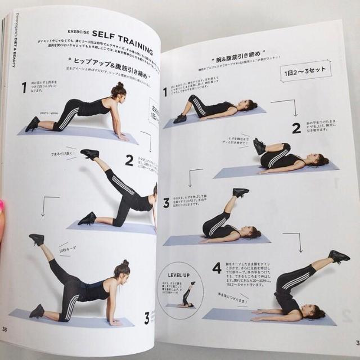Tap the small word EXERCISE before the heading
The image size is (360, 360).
click(79, 33)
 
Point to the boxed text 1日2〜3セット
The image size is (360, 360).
click(305, 72)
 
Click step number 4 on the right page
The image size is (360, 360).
click(217, 268)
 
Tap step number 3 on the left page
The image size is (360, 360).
click(147, 318)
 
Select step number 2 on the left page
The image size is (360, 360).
click(129, 160)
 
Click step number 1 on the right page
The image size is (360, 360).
click(165, 92)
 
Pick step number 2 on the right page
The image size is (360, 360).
click(296, 128)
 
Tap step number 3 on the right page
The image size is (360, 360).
click(166, 203)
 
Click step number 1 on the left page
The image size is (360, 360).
click(24, 87)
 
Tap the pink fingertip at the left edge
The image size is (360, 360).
click(2, 206)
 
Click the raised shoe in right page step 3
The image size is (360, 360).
click(241, 192)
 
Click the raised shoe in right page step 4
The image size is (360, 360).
click(339, 256)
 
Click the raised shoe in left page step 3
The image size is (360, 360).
click(37, 239)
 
